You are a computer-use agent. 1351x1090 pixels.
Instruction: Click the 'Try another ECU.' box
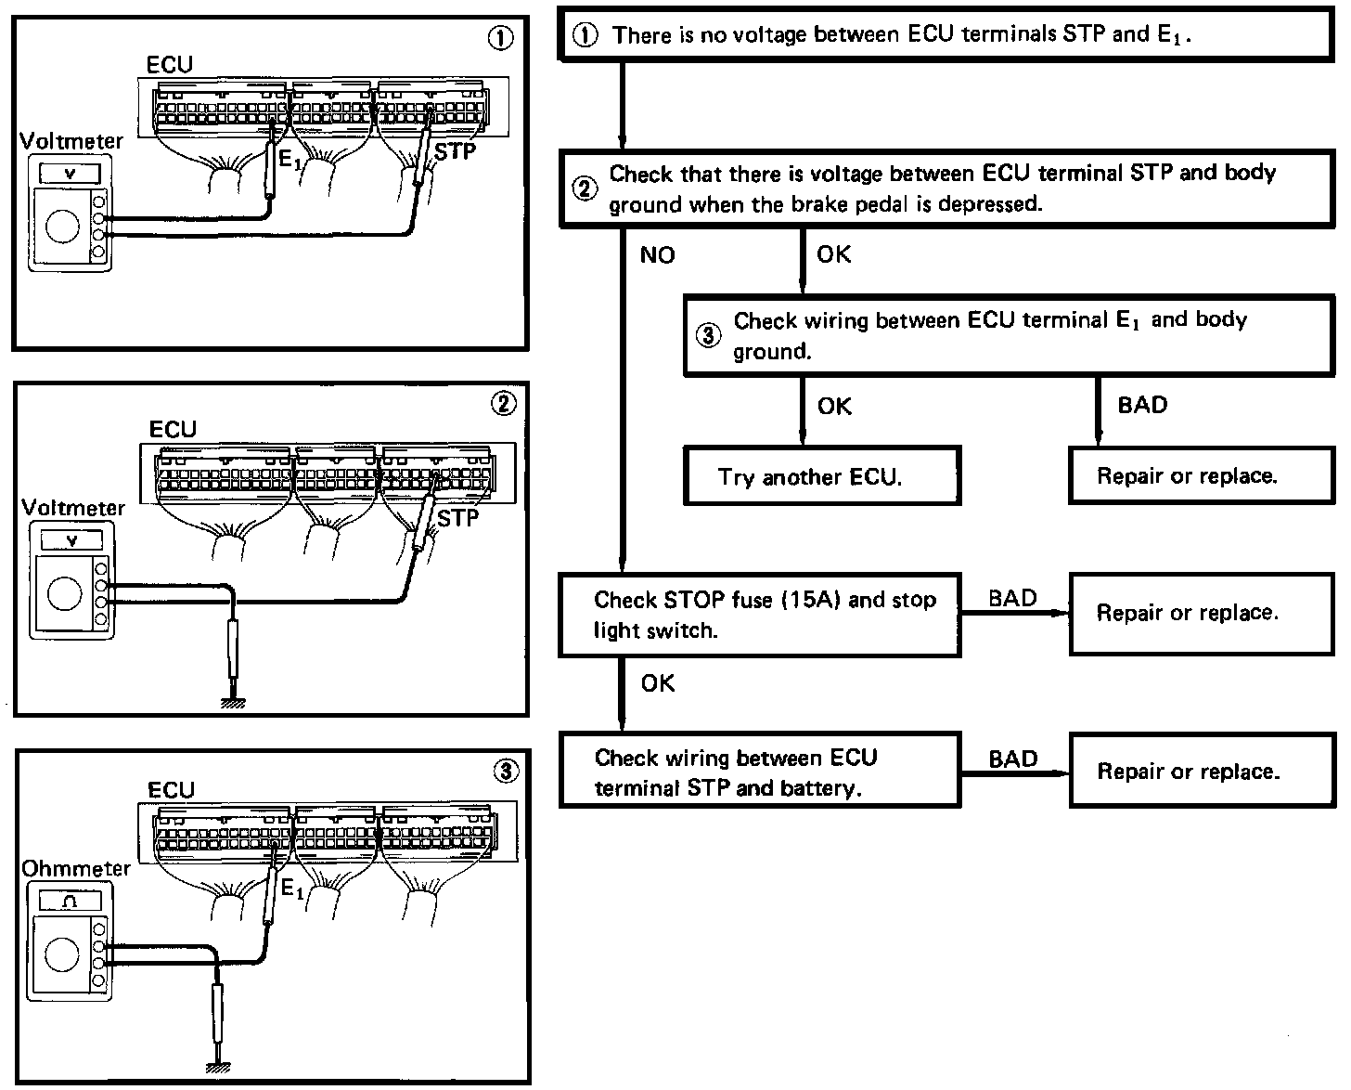pyautogui.click(x=821, y=476)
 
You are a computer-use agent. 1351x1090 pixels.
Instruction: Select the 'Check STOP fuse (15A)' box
pyautogui.click(x=759, y=615)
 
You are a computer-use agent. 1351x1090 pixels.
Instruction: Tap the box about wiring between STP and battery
pyautogui.click(x=759, y=772)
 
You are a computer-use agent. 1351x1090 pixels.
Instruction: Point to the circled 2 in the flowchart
pyautogui.click(x=585, y=188)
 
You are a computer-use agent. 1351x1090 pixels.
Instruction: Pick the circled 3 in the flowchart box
pyautogui.click(x=708, y=336)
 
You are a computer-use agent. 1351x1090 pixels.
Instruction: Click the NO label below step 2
pyautogui.click(x=657, y=255)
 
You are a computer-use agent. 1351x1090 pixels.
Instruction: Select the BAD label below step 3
pyautogui.click(x=1142, y=406)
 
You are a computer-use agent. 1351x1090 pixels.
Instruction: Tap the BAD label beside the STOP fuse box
pyautogui.click(x=1012, y=599)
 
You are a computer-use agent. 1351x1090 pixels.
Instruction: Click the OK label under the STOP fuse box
pyautogui.click(x=657, y=684)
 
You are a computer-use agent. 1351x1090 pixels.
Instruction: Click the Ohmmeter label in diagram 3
pyautogui.click(x=76, y=869)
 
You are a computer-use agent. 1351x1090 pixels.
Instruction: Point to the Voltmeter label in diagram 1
pyautogui.click(x=71, y=141)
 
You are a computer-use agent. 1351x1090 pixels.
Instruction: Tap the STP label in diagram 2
pyautogui.click(x=457, y=518)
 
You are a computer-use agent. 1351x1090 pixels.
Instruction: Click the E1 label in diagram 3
pyautogui.click(x=291, y=889)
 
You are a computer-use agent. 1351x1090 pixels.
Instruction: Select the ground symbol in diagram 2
pyautogui.click(x=233, y=703)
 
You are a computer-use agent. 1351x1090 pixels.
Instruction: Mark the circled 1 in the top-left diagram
pyautogui.click(x=500, y=38)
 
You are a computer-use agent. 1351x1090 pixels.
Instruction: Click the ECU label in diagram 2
pyautogui.click(x=173, y=430)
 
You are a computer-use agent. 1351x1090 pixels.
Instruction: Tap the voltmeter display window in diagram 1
pyautogui.click(x=70, y=175)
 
